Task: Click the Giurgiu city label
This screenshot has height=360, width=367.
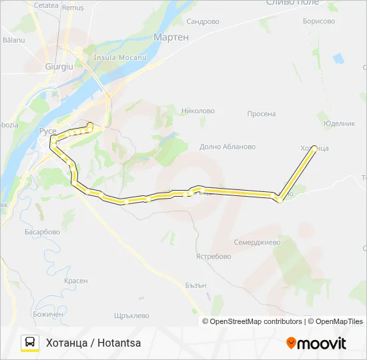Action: (57, 67)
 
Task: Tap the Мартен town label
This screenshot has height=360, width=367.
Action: (171, 37)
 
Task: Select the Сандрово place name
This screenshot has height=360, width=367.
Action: (203, 21)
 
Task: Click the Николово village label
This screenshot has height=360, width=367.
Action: (198, 111)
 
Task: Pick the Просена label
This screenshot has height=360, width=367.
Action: (261, 113)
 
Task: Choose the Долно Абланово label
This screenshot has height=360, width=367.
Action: (228, 147)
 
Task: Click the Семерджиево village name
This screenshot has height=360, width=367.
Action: (257, 242)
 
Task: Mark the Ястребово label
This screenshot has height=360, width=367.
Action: (213, 256)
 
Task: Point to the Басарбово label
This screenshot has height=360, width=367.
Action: (42, 232)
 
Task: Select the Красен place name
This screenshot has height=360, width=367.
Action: (76, 281)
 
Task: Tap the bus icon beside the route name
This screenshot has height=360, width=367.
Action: (30, 343)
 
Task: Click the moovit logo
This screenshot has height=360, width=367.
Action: (316, 343)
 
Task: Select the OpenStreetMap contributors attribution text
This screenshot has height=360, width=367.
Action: (256, 321)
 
